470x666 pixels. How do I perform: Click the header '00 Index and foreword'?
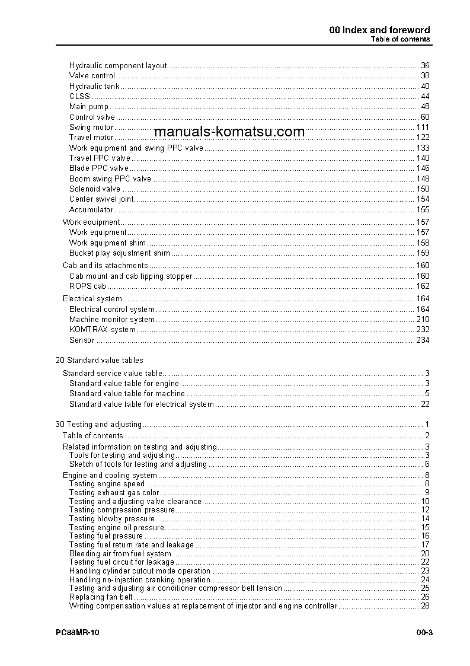coord(379,30)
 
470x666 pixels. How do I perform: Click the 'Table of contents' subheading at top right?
coord(400,39)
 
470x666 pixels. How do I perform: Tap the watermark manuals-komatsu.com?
coord(229,132)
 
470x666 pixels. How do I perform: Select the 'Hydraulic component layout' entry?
coord(118,66)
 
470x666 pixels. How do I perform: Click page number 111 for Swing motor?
coord(423,128)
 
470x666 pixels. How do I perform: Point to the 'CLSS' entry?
coord(79,97)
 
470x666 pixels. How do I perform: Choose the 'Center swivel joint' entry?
coord(101,199)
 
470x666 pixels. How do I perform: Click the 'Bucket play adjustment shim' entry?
coord(120,253)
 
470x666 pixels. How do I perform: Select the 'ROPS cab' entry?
coord(88,286)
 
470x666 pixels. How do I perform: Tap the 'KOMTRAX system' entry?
coord(103,330)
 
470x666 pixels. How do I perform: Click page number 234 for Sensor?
coord(423,340)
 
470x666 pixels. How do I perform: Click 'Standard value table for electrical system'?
coord(142,404)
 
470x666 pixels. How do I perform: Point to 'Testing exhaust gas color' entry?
coord(114,493)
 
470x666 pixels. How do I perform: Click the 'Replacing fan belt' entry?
coord(101,597)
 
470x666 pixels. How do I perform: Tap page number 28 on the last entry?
coord(425,606)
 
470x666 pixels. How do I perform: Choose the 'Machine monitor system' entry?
coord(112,320)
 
